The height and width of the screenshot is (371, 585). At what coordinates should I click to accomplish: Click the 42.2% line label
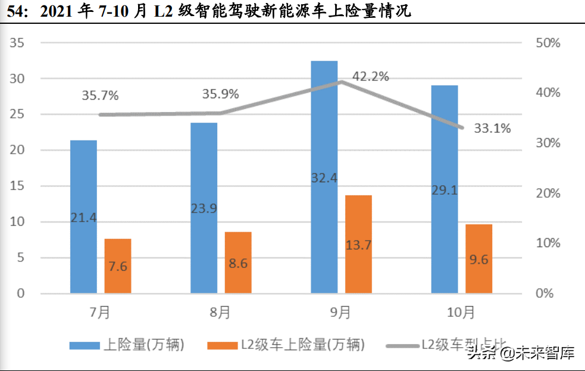(x=370, y=76)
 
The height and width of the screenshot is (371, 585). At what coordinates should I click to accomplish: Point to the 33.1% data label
(x=492, y=128)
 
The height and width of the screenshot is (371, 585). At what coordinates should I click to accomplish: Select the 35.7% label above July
(x=100, y=95)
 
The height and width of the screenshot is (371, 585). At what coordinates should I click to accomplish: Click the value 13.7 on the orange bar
(x=358, y=245)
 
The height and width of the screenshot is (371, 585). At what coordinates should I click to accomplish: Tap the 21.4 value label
(x=83, y=217)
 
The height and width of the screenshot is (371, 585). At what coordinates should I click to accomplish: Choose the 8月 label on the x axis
(x=221, y=311)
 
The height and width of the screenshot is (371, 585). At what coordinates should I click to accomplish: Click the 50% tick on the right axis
(x=548, y=43)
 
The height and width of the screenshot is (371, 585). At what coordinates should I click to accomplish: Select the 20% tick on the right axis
(x=548, y=194)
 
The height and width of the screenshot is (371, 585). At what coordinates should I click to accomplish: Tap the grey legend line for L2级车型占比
(x=401, y=345)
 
